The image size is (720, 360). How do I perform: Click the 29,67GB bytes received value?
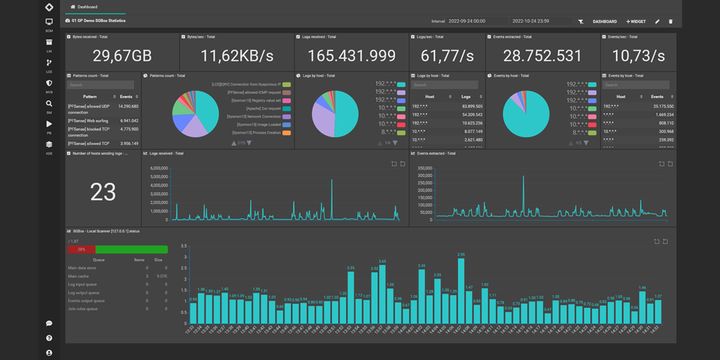point(122,56)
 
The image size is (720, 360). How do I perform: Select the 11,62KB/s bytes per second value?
point(237,56)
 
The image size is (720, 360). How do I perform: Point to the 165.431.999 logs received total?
point(352,56)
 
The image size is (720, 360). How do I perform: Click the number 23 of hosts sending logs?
point(103,192)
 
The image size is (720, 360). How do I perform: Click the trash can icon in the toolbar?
point(671,22)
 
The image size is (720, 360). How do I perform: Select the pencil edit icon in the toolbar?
point(657,22)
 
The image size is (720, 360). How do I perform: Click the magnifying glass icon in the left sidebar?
point(49,103)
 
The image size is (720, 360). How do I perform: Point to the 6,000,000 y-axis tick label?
point(154,168)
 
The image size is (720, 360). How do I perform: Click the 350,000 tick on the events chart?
point(424,167)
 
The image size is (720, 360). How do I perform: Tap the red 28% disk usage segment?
point(81,249)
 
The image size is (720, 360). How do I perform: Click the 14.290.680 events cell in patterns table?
point(128,106)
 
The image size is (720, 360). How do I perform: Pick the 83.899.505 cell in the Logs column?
point(471,106)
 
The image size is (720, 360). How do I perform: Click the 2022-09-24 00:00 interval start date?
point(467,22)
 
